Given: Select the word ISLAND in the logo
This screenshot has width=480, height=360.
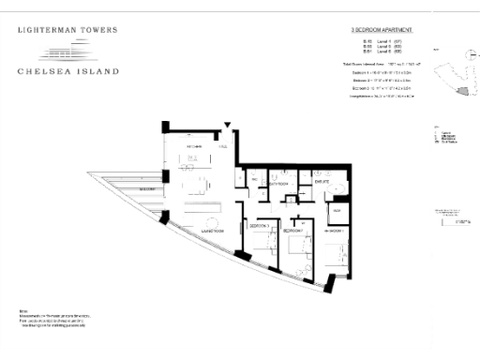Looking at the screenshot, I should point(98,71).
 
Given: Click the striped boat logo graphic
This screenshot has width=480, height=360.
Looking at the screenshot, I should point(67,51).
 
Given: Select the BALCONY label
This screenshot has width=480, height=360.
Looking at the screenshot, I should point(146,188).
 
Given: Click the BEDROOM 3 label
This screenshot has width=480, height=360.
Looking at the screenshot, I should point(260,228).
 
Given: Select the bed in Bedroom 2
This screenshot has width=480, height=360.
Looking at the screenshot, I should point(298,246).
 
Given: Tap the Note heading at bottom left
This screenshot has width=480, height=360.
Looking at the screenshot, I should point(22,309).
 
